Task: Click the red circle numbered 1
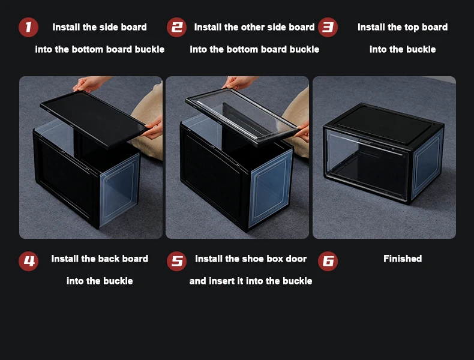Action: point(28,27)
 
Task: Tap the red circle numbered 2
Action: point(176,27)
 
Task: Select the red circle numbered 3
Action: point(328,27)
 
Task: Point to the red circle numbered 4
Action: point(28,261)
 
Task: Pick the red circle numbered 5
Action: point(176,261)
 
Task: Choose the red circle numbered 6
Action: point(328,261)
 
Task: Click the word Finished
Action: point(403,259)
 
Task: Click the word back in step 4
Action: point(109,259)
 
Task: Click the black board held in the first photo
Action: point(93,119)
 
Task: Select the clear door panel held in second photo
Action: point(241,116)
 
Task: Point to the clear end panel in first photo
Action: point(119,190)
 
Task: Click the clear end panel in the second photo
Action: point(269,188)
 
